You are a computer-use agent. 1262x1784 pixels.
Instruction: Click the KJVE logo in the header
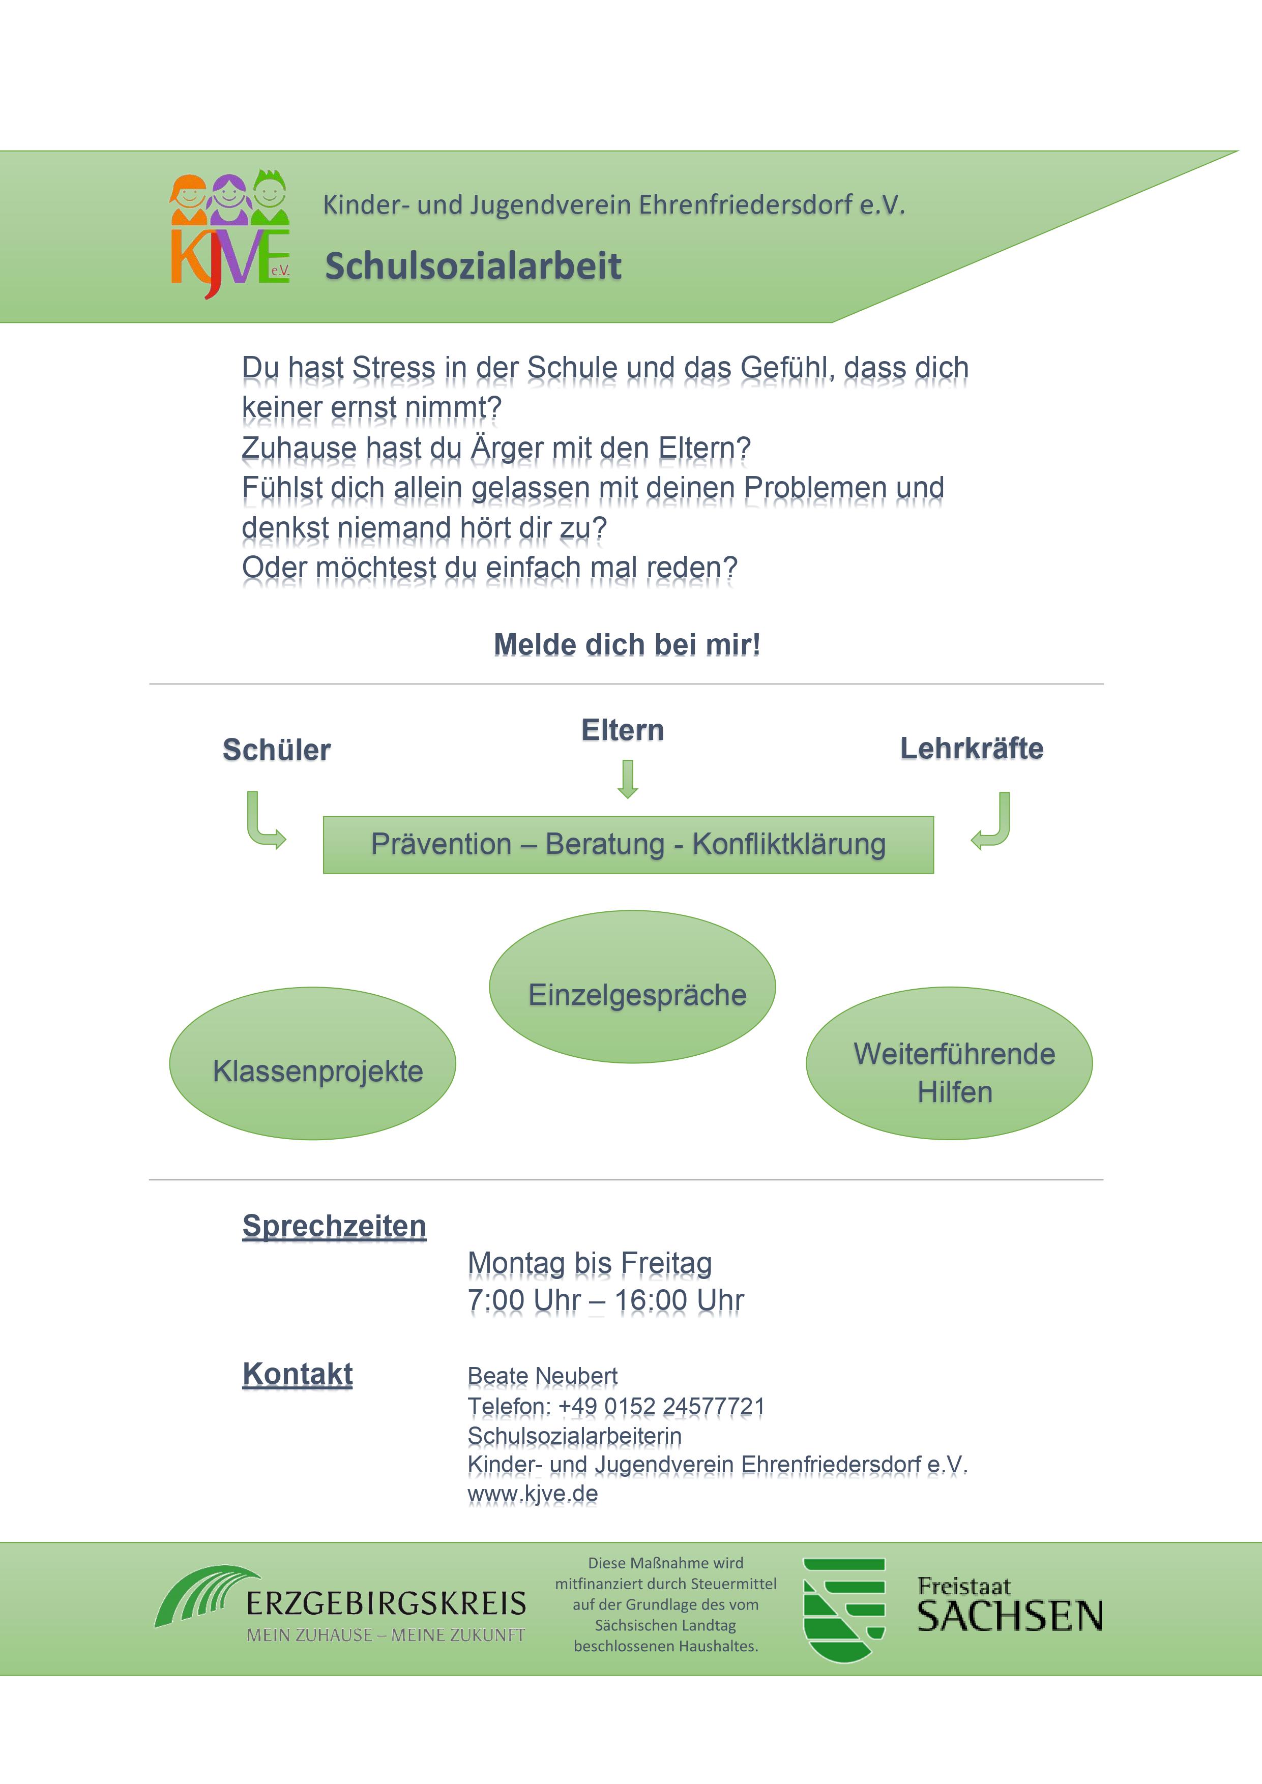(230, 234)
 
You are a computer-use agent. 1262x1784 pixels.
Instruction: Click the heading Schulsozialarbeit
(473, 266)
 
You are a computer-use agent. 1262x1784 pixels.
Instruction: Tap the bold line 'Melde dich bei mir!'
(627, 645)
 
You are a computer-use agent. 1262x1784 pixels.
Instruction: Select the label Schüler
(277, 750)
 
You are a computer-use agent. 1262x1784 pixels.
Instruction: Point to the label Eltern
(623, 730)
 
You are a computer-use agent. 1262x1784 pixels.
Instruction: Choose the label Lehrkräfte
(972, 748)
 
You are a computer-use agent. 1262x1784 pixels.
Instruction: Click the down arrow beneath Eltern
(628, 779)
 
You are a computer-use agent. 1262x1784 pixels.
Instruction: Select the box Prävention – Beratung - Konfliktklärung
(628, 845)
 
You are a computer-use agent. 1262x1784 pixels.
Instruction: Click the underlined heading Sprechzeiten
(334, 1226)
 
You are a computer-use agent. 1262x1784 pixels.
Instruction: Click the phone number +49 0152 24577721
(661, 1406)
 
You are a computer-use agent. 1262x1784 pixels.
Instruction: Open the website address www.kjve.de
(533, 1494)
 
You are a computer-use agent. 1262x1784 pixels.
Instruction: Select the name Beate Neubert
(542, 1376)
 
